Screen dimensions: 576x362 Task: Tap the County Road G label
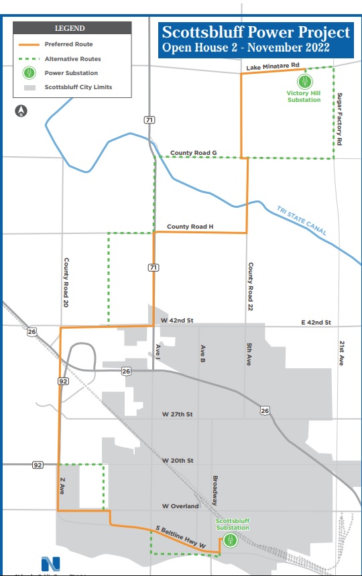194,153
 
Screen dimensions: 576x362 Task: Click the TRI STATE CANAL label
302,221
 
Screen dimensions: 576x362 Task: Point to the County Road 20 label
67,282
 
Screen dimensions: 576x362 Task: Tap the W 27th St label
178,414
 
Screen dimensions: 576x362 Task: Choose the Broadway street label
215,490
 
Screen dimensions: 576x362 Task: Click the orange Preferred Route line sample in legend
31,44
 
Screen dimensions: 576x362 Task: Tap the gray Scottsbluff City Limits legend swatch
31,87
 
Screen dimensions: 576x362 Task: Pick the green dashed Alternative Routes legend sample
31,58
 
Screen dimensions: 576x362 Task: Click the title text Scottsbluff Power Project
255,32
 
